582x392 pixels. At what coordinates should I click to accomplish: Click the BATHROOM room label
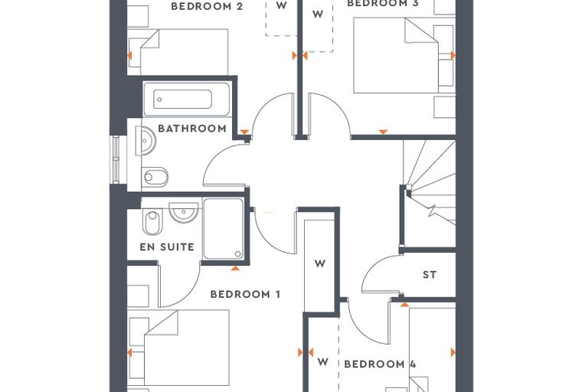[x=192, y=129]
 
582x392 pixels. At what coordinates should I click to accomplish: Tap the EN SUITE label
[x=167, y=247]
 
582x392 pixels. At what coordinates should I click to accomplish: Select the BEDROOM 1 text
[x=245, y=294]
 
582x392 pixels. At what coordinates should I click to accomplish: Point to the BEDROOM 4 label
[x=380, y=364]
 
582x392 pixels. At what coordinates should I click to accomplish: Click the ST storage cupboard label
[x=430, y=275]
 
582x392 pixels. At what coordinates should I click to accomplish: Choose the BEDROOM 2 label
[x=207, y=6]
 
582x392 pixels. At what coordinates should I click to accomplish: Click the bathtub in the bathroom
[x=187, y=100]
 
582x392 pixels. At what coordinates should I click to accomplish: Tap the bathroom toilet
[x=155, y=177]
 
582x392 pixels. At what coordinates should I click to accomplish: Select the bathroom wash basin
[x=145, y=141]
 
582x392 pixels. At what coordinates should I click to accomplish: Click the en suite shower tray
[x=224, y=229]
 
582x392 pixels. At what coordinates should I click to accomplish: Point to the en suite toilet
[x=152, y=222]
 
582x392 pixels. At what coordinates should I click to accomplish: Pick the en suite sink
[x=183, y=212]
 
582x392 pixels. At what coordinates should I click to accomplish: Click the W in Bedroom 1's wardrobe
[x=319, y=263]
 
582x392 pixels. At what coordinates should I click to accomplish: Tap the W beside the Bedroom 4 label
[x=323, y=361]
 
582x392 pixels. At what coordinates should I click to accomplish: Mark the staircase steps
[x=430, y=182]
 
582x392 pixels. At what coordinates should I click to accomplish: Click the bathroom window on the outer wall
[x=116, y=159]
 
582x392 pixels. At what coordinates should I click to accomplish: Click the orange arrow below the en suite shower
[x=235, y=268]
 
